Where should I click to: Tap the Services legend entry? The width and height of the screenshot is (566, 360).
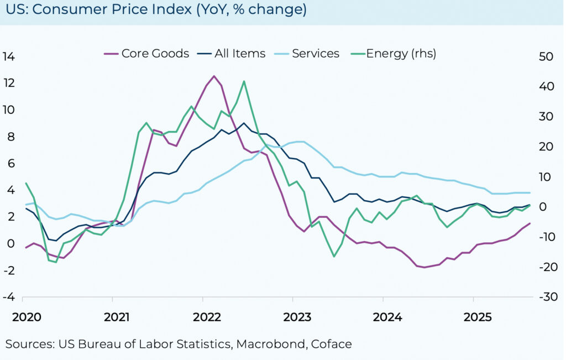(x=315, y=54)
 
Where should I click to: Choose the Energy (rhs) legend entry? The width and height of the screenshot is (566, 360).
(x=401, y=54)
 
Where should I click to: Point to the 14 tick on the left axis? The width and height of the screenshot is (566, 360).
(x=9, y=56)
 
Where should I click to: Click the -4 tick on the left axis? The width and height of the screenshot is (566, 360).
(x=9, y=297)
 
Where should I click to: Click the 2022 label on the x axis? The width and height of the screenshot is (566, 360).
(x=207, y=317)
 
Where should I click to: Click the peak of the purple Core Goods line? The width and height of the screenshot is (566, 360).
(x=214, y=76)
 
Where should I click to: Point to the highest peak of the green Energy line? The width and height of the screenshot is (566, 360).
(x=244, y=81)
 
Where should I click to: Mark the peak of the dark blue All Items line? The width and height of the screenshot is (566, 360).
(x=244, y=123)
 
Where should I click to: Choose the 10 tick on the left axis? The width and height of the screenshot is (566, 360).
(x=9, y=110)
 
